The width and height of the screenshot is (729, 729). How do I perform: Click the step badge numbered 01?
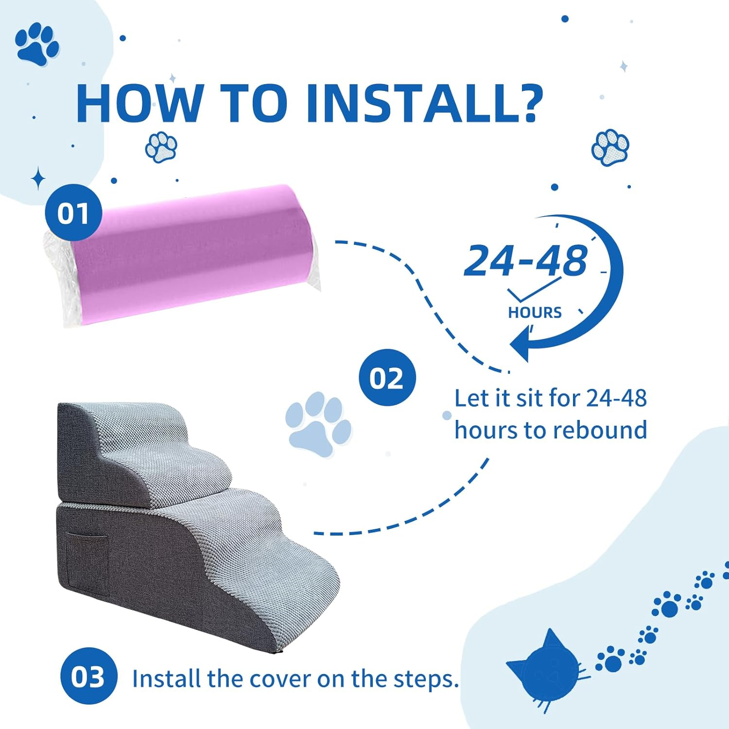(73, 213)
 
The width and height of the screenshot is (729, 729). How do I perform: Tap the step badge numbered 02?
(387, 378)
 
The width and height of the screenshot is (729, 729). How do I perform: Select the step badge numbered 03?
(88, 676)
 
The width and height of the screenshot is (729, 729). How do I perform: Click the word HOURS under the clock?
(535, 312)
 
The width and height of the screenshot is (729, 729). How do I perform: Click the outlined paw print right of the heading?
(610, 147)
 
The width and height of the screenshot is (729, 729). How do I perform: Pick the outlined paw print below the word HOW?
(161, 147)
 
